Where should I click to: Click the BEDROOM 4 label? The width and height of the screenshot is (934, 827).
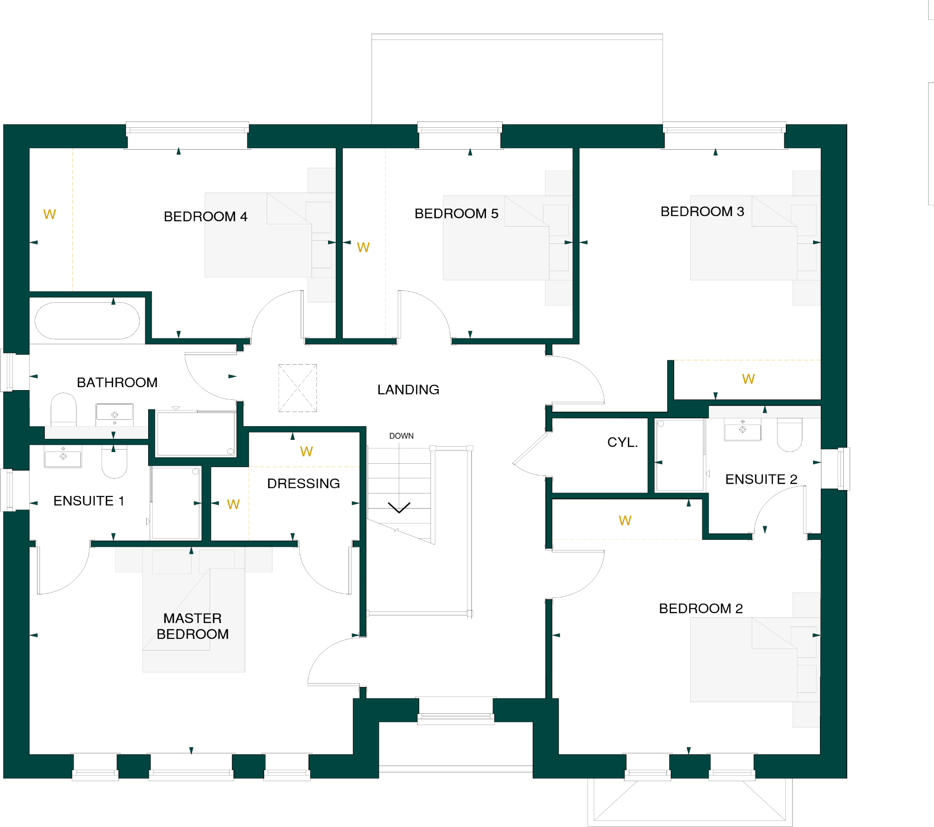[205, 217]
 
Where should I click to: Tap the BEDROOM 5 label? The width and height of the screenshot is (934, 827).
[456, 214]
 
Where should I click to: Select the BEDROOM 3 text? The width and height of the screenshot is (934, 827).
[702, 212]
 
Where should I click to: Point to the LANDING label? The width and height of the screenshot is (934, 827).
[408, 390]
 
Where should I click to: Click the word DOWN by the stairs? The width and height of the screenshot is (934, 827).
[401, 436]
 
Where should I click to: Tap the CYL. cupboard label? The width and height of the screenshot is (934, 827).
[622, 442]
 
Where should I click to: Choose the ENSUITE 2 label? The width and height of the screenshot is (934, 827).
[761, 479]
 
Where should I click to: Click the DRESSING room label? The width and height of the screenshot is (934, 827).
[303, 483]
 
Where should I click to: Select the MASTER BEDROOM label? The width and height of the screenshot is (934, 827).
[193, 626]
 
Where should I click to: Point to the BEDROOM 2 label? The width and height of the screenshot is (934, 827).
[700, 609]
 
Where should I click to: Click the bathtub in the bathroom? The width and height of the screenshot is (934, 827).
[87, 321]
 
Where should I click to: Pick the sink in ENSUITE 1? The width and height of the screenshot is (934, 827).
[63, 457]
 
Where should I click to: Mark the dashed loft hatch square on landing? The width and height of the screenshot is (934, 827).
[297, 388]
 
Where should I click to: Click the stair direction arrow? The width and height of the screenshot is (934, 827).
[399, 508]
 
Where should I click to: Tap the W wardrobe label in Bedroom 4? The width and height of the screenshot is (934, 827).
[49, 215]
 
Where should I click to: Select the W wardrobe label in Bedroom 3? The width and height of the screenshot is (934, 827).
[748, 379]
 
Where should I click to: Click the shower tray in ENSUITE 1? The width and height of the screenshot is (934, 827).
[175, 503]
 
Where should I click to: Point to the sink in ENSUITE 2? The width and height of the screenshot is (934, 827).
[742, 430]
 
